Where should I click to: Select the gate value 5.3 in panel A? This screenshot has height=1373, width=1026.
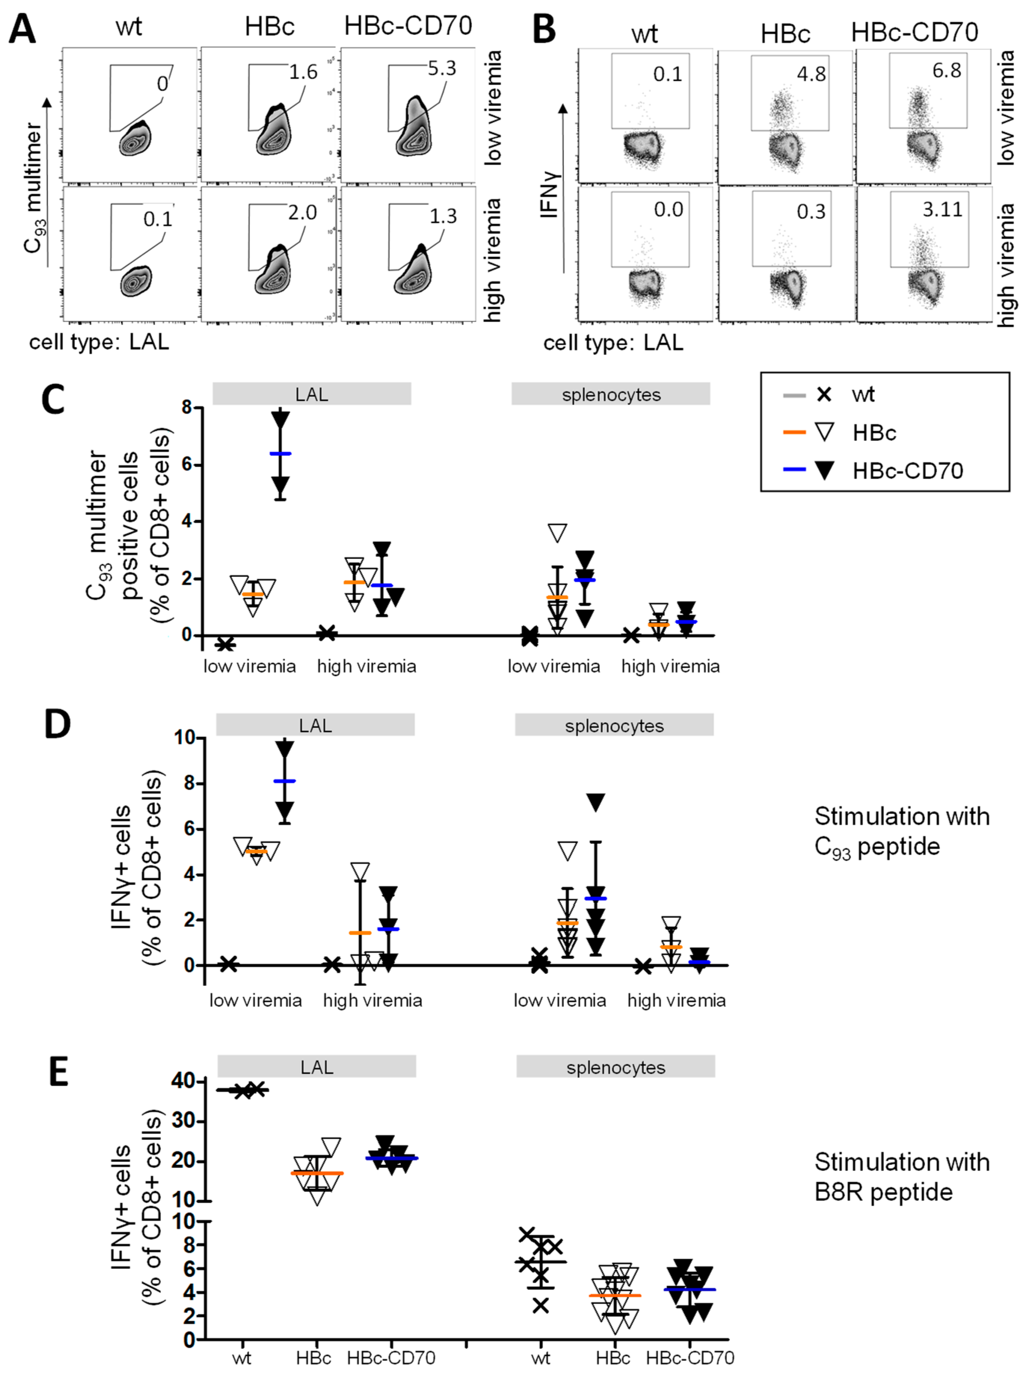coord(441,68)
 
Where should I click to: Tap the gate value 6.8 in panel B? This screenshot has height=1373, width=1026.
coord(946,70)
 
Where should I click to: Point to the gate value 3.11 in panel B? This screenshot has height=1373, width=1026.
coord(942,209)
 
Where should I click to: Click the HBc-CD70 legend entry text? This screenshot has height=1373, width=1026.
coord(908,471)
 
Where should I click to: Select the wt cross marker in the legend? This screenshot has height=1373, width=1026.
coord(824,394)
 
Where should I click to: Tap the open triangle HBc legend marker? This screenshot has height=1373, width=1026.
coord(824,432)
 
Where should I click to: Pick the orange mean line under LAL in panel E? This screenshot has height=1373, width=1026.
coord(317,1173)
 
